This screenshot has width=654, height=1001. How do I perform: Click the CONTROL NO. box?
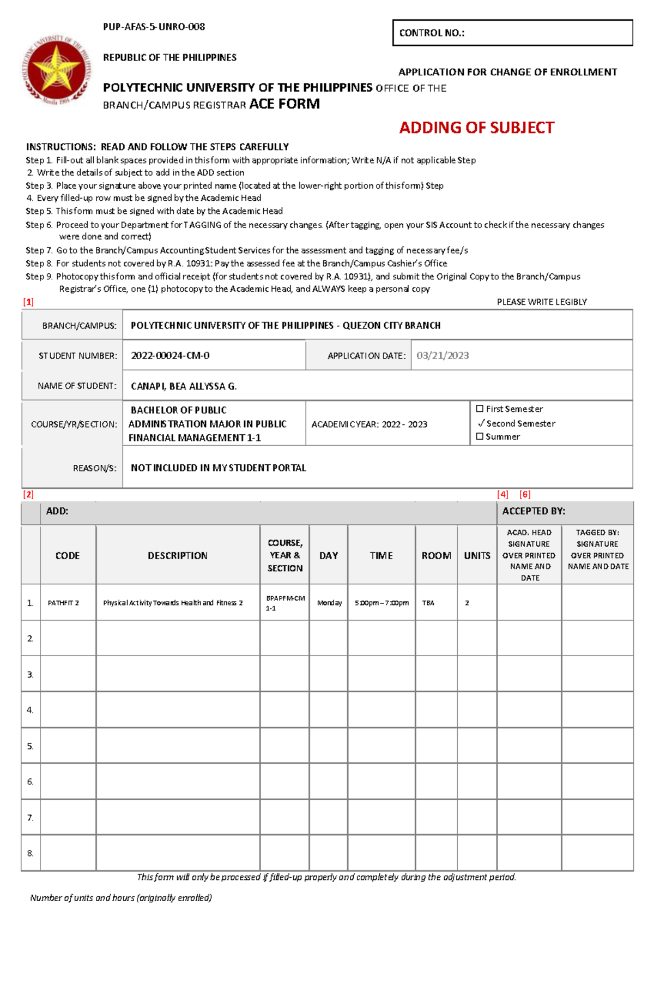tap(512, 33)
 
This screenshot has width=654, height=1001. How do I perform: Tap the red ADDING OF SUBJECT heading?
tap(476, 128)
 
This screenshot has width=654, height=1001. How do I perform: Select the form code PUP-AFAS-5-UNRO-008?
tap(154, 27)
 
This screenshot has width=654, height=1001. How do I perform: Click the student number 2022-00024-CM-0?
tap(170, 356)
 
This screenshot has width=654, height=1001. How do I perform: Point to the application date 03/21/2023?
tap(443, 356)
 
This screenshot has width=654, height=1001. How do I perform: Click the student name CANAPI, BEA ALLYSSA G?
tap(184, 386)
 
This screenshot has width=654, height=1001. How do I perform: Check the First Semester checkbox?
tap(480, 409)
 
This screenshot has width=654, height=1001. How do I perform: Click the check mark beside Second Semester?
tap(481, 423)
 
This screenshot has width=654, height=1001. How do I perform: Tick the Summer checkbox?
tap(480, 436)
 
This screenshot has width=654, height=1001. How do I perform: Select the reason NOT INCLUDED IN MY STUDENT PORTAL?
tap(219, 468)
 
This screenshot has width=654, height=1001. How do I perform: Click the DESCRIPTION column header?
tap(178, 555)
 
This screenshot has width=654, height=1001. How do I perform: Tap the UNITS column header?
tap(477, 555)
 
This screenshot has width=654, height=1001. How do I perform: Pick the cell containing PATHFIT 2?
tap(63, 603)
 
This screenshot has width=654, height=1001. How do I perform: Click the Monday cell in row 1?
tap(329, 603)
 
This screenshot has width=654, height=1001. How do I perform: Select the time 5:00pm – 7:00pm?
tap(381, 603)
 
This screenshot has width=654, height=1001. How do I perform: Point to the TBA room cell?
tap(428, 603)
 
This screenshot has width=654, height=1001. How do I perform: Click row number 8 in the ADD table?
tap(31, 853)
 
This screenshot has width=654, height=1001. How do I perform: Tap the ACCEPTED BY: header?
tap(534, 511)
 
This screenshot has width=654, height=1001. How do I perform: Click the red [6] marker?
tap(525, 494)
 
